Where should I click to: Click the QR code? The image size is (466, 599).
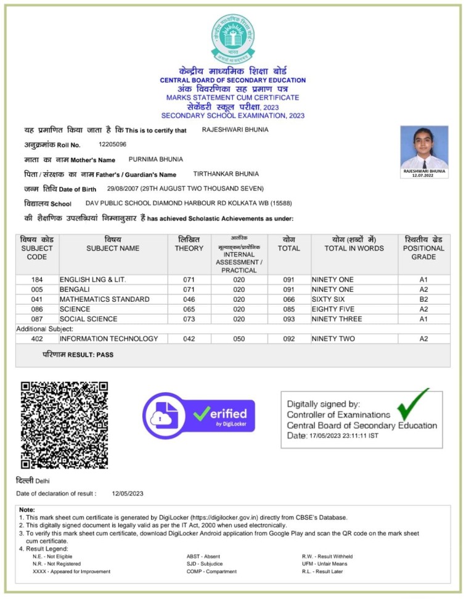65,425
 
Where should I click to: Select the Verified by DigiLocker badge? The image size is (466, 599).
199,415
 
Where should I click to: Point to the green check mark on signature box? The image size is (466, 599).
412,404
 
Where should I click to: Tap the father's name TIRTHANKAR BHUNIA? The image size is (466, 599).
226,174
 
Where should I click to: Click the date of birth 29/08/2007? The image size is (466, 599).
125,189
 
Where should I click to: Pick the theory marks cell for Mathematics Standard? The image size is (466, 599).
189,299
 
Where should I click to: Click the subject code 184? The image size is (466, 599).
37,279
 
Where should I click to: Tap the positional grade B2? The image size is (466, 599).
423,299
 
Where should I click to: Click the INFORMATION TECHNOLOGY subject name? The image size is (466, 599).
109,339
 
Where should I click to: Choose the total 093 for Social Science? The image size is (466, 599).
289,319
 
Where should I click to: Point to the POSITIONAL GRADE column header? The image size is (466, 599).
423,248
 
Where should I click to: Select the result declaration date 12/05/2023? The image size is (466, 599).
128,494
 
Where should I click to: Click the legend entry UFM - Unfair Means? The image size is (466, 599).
324,563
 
